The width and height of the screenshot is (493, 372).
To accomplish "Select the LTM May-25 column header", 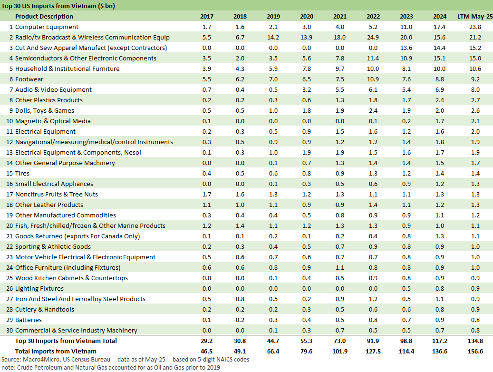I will click(475, 17).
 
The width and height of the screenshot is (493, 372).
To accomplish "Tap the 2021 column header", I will click(340, 17).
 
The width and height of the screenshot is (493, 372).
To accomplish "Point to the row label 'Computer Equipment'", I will click(47, 27).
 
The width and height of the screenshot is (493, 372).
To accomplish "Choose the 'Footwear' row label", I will click(29, 79).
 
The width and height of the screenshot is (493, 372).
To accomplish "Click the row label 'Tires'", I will click(22, 174).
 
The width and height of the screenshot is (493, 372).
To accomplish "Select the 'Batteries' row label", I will click(29, 320).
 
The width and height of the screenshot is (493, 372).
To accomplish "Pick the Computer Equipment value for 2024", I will click(440, 27).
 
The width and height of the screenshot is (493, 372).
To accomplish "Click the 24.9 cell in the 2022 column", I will click(373, 38).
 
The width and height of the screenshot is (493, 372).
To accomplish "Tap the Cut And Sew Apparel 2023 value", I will click(406, 48).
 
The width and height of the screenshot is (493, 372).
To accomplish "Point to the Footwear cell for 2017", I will click(207, 79).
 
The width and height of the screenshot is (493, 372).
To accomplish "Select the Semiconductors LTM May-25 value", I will click(475, 59).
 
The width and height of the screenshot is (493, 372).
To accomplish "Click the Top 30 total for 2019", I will click(273, 341).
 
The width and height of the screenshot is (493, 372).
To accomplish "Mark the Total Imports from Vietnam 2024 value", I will click(440, 352).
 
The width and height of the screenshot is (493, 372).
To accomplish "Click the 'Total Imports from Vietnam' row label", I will click(56, 352).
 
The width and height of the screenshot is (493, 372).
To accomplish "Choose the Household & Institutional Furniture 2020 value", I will click(307, 69).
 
